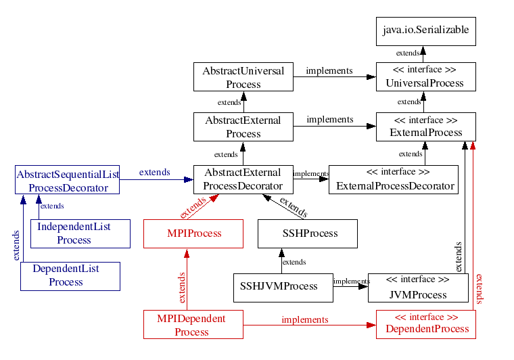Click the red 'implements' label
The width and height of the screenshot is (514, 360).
[x=305, y=319]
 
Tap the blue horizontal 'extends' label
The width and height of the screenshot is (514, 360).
[x=154, y=172]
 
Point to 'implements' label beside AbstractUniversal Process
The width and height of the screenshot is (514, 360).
[x=329, y=70]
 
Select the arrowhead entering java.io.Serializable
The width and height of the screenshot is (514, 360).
[x=423, y=50]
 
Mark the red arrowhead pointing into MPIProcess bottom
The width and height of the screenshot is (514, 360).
[x=187, y=253]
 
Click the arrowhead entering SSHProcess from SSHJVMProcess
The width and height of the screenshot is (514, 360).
[x=281, y=253]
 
